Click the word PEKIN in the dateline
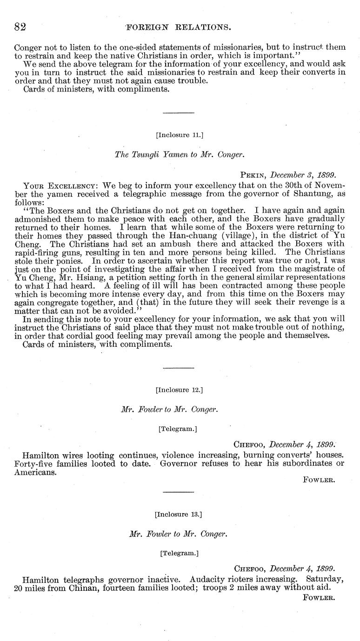click(253, 175)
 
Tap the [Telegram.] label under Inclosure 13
click(178, 553)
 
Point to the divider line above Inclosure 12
click(178, 368)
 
